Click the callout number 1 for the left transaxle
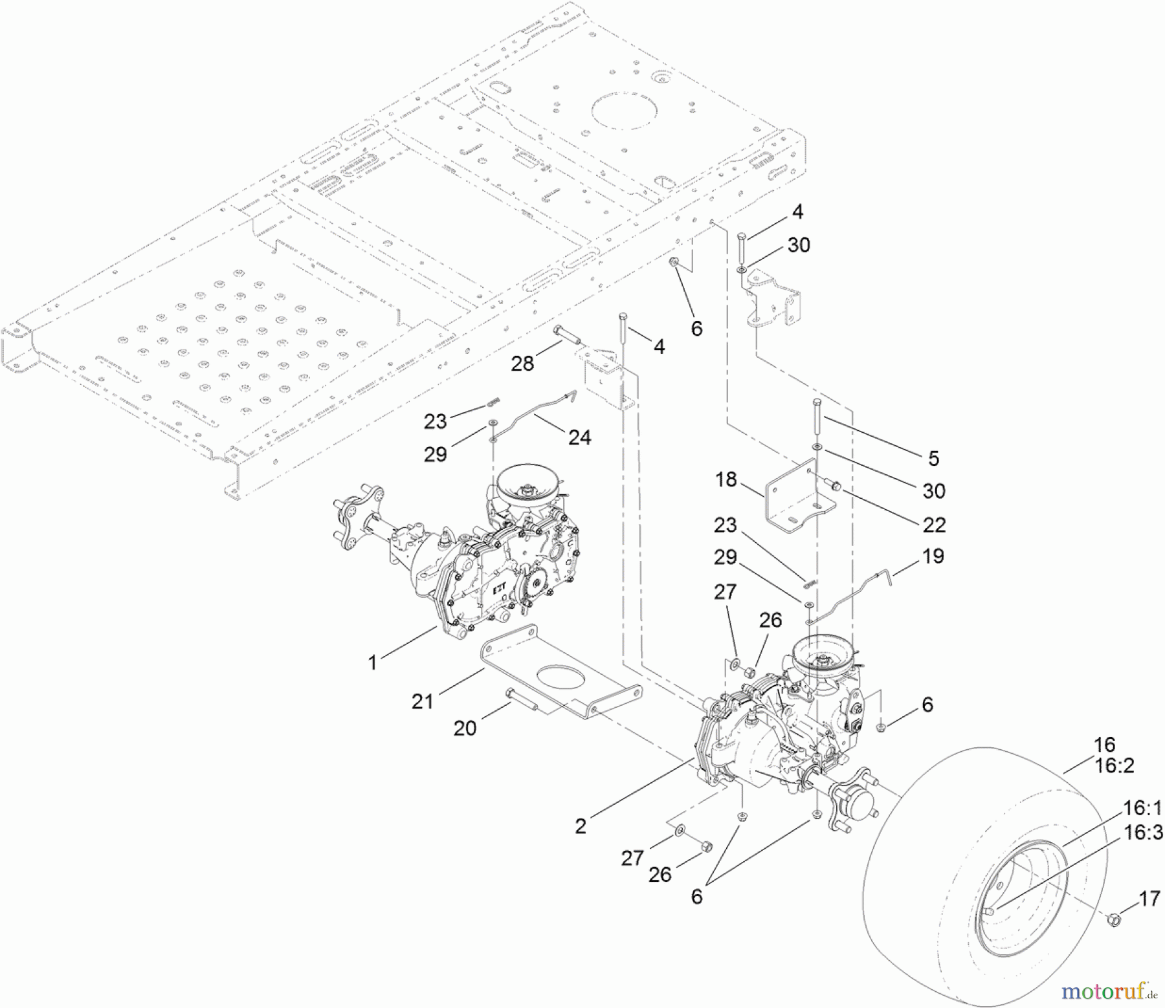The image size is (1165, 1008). click(372, 663)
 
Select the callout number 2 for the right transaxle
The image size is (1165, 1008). click(581, 826)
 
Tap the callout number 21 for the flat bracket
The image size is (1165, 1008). click(423, 701)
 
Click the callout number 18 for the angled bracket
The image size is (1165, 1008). click(726, 480)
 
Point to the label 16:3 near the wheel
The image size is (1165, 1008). click(1142, 832)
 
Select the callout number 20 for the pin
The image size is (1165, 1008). click(465, 729)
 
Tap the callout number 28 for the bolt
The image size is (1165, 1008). click(522, 364)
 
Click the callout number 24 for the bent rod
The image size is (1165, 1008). click(579, 438)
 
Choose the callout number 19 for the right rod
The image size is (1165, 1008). click(933, 556)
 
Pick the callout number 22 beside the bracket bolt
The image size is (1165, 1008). click(934, 525)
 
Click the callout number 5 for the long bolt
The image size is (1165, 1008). click(933, 459)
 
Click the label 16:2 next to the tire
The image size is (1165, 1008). click(1114, 767)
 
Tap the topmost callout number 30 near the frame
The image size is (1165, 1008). click(799, 245)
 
